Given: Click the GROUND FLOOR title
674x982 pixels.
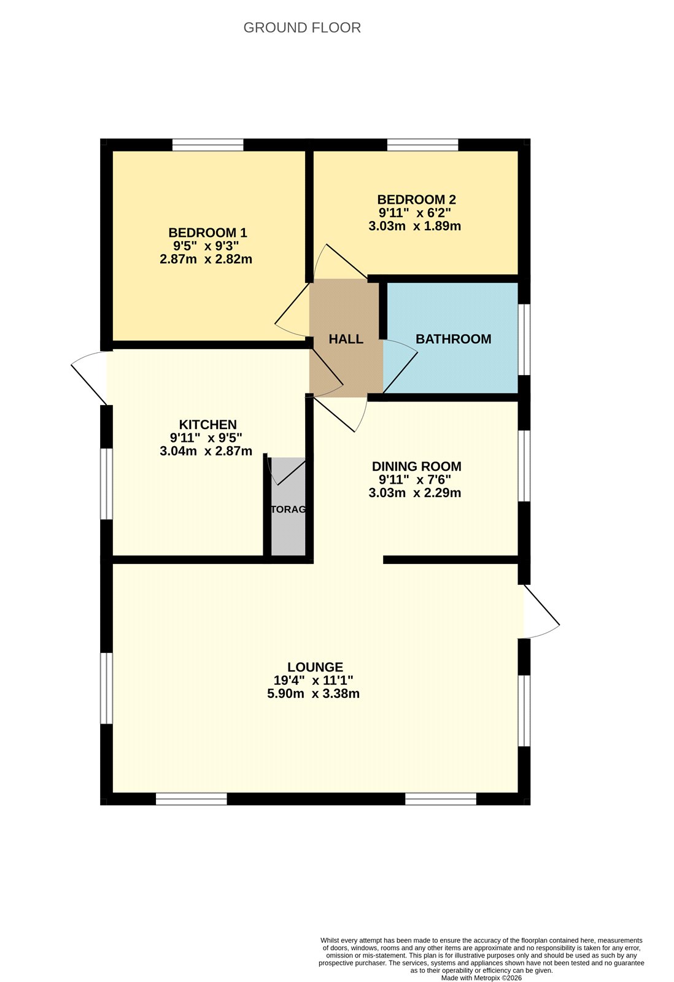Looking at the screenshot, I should click(x=302, y=28).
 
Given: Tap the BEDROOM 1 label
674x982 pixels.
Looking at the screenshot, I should click(x=207, y=233).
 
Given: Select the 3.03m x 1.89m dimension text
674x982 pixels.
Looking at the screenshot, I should click(x=414, y=226).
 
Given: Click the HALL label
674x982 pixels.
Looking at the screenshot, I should click(x=346, y=339).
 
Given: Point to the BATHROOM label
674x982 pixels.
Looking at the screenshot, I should click(x=453, y=339).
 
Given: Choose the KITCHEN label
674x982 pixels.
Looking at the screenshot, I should click(x=207, y=424).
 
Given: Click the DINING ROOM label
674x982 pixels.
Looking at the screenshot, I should click(x=416, y=466).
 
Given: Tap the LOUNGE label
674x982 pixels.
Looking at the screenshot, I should click(x=315, y=667).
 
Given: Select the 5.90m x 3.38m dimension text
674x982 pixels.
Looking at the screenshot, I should click(x=313, y=694).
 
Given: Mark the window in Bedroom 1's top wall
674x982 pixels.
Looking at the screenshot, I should click(x=207, y=145).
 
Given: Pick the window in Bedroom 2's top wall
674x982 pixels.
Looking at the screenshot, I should click(x=422, y=145).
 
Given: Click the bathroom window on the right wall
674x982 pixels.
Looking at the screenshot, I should click(x=524, y=339).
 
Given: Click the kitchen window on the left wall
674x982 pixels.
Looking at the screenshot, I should click(x=107, y=484).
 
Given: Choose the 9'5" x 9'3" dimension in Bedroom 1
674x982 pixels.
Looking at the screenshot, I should click(x=206, y=246).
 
